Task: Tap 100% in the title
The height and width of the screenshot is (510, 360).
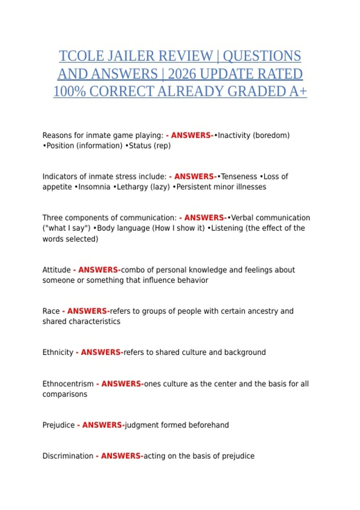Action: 69,91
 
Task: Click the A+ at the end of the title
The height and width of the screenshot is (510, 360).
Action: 298,91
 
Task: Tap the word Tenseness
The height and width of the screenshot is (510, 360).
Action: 239,176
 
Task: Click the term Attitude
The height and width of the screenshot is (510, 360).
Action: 56,270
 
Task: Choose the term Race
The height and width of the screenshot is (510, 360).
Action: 51,311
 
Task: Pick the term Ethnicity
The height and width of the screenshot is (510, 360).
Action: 58,352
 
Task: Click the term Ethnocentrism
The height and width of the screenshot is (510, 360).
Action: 68,384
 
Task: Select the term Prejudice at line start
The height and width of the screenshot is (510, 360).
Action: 58,425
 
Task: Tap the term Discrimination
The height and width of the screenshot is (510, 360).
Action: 68,456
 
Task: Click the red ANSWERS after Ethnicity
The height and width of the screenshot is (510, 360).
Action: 100,352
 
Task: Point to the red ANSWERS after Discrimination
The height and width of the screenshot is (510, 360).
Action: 121,456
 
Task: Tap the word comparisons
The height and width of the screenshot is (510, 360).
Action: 65,394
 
